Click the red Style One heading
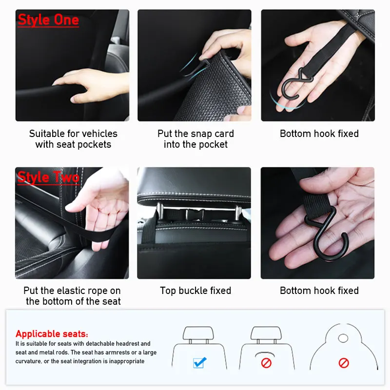click(48, 20)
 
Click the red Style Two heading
click(48, 177)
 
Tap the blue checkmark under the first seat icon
click(200, 362)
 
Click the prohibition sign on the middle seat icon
click(266, 363)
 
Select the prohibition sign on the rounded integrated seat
click(344, 363)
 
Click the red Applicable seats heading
click(52, 334)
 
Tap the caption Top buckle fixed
click(195, 291)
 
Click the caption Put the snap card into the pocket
click(195, 139)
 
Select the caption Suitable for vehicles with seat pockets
click(73, 139)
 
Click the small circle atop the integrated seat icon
click(343, 337)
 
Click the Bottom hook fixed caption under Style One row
click(319, 134)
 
